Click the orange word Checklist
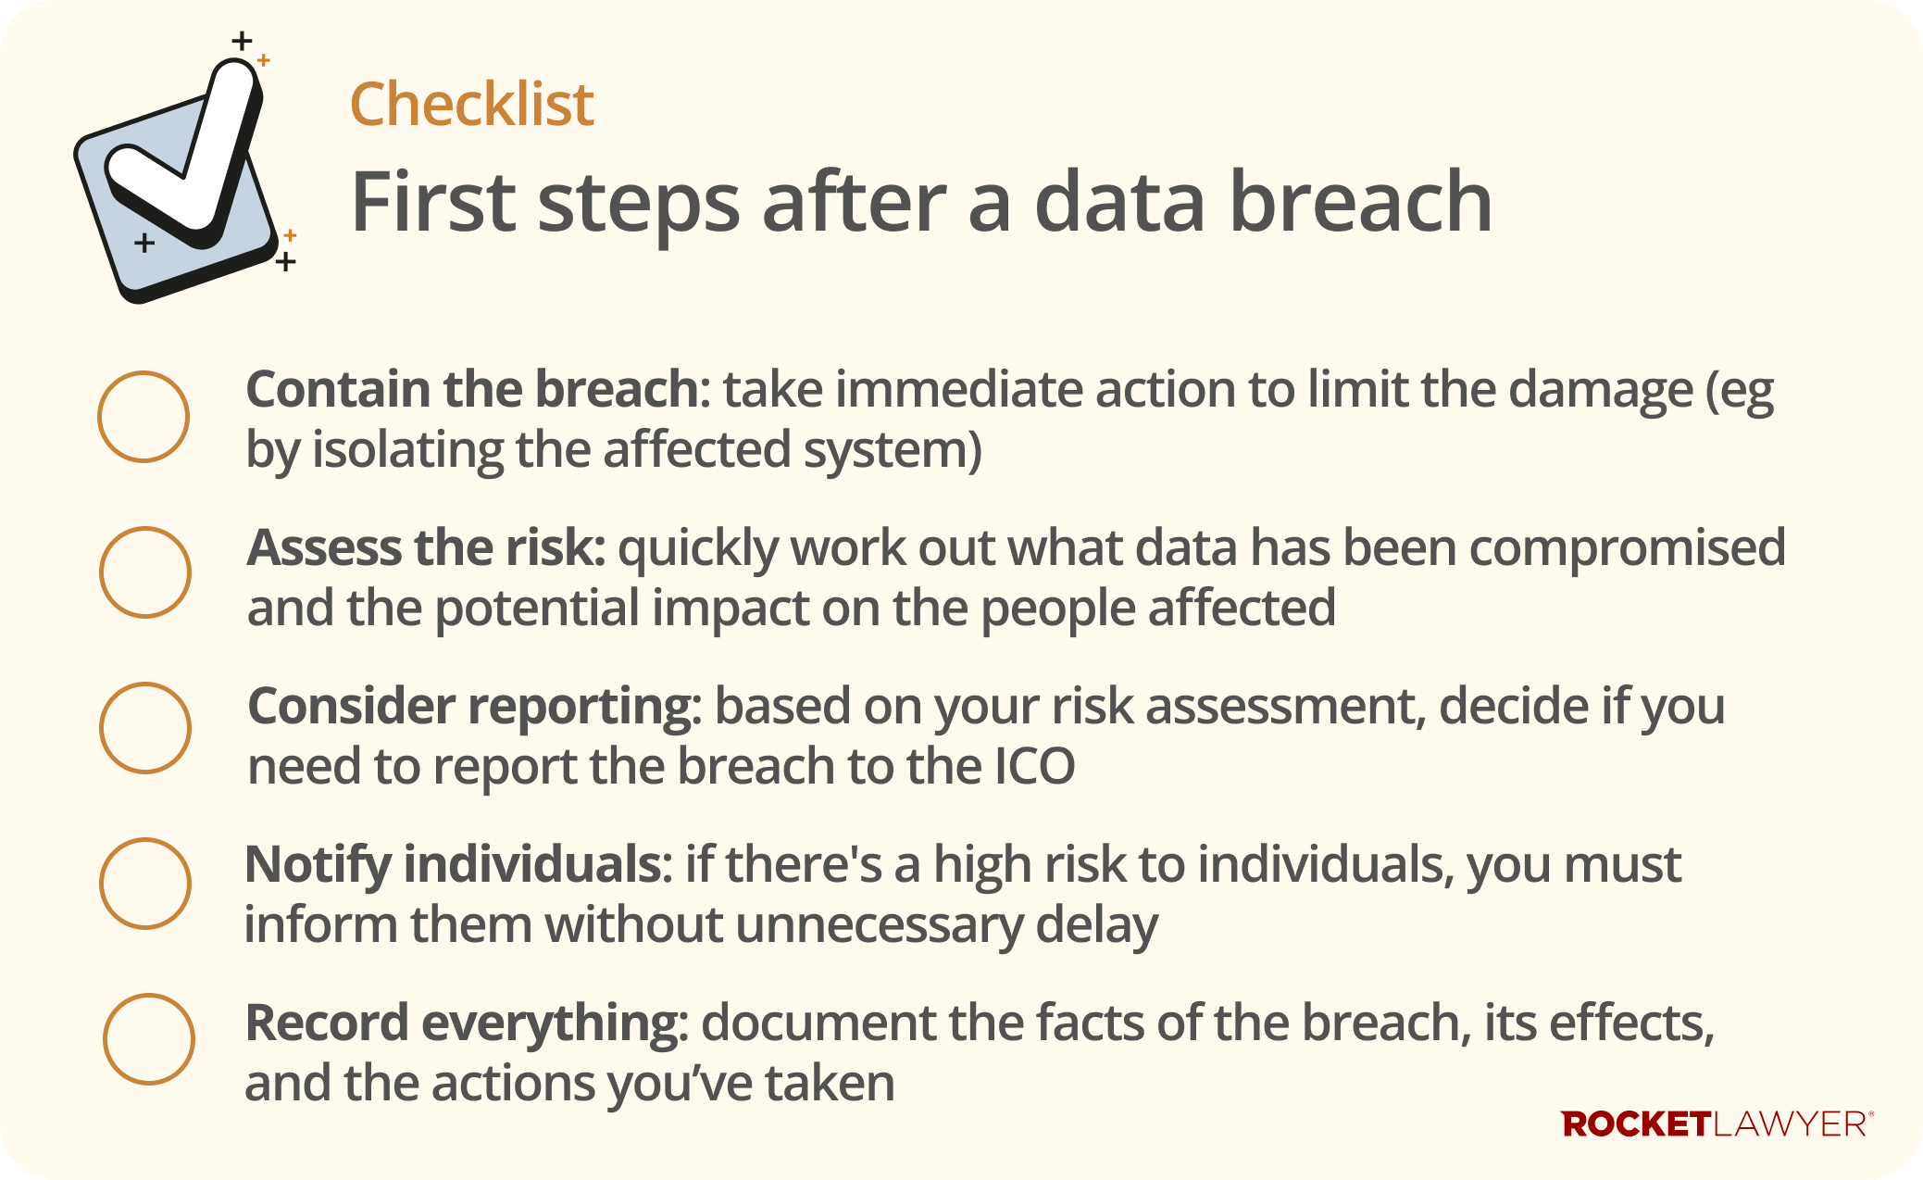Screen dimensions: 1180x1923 pos(471,104)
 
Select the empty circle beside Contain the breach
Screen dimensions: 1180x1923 pos(144,417)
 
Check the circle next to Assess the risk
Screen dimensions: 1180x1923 pos(145,572)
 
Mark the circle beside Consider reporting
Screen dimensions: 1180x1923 pos(145,728)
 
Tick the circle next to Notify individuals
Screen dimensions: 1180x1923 pos(145,884)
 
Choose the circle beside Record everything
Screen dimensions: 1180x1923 pos(148,1039)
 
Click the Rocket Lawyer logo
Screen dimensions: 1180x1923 pos(1717,1124)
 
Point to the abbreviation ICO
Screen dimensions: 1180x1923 pos(1034,767)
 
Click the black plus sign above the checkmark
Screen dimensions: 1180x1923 pos(242,41)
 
